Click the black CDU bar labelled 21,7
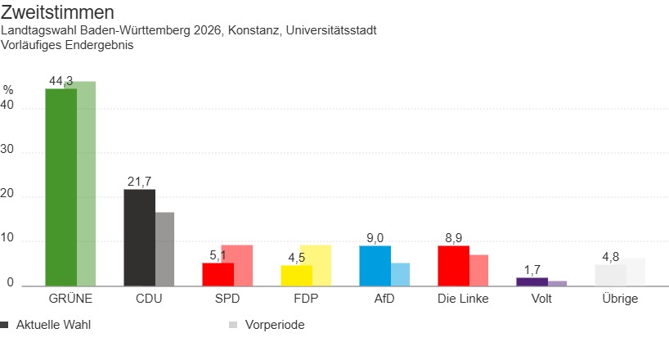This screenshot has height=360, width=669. pos(139,237)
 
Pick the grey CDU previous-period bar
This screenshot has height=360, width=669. pos(165,249)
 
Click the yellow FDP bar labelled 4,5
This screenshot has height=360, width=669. pos(296,276)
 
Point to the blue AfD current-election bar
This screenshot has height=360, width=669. pos(375,266)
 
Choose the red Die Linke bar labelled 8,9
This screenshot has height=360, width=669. pos(453,266)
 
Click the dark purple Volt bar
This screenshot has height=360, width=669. pos(532,282)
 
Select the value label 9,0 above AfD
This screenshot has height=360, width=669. pos(375,238)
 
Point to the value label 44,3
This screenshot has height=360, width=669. pos(61,80)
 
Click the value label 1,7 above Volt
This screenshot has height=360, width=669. pos(532,269)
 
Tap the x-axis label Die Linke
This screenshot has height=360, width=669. pos(463,299)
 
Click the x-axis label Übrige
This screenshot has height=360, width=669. pos(619,299)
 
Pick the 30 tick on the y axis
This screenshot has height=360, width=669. pos(8,152)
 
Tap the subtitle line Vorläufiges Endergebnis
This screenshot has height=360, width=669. pos(67,45)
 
